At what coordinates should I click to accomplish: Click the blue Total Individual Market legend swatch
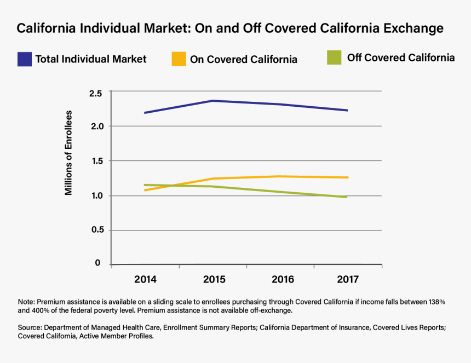[x=25, y=59]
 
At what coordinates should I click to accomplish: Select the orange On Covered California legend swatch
[x=179, y=59]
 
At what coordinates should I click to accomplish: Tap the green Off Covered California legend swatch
[x=334, y=57]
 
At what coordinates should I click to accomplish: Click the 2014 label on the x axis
[x=146, y=279]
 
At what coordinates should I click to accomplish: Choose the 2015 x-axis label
[x=214, y=279]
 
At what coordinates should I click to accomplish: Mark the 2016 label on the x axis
[x=283, y=279]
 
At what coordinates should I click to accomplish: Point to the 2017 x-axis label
[x=348, y=279]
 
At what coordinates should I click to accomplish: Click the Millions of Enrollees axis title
[x=69, y=153]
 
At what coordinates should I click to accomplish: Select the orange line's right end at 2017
[x=347, y=177]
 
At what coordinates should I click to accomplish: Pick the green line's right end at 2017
[x=346, y=197]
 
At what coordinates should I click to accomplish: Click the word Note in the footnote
[x=26, y=302]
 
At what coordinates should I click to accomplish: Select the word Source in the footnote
[x=30, y=328]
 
